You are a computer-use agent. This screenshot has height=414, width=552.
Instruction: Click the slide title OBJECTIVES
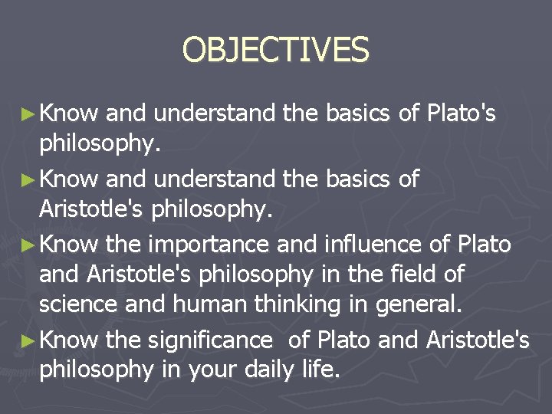point(275,50)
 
